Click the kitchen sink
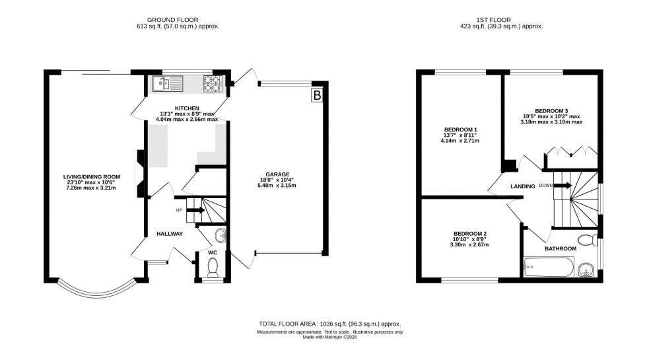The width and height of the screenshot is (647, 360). click(162, 83)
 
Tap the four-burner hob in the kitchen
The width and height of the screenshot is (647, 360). click(212, 83)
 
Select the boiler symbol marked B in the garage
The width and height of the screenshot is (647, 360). click(317, 96)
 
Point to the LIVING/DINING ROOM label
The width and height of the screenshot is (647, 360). click(91, 176)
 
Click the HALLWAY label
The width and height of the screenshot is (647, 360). click(169, 234)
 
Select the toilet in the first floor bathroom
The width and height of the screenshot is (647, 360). click(586, 239)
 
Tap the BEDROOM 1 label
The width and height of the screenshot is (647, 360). click(461, 129)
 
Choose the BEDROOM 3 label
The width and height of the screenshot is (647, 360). click(551, 110)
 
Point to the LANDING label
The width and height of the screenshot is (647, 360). click(522, 186)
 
